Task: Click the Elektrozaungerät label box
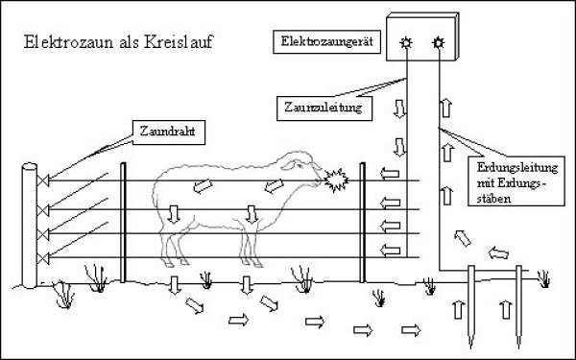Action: (327, 41)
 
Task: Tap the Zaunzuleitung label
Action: (324, 108)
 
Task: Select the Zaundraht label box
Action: (169, 132)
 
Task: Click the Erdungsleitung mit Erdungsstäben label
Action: (516, 180)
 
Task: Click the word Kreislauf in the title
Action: (179, 42)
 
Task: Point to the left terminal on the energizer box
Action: (406, 43)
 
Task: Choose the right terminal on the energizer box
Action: (438, 43)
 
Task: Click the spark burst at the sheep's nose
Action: (336, 180)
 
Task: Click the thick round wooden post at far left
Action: (30, 226)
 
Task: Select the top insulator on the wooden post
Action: (43, 180)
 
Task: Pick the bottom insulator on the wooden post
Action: (43, 258)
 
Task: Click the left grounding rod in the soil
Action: (471, 307)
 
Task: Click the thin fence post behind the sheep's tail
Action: (123, 223)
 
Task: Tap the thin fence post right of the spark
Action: (363, 223)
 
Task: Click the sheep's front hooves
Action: (252, 263)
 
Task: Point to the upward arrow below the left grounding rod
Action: (458, 309)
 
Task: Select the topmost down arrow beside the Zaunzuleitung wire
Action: (399, 108)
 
